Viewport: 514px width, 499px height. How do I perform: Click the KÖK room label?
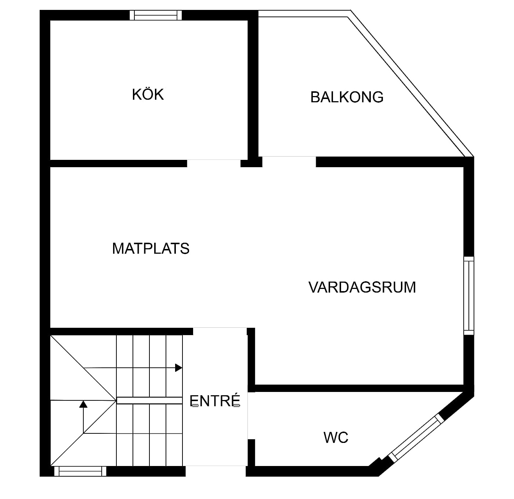click(x=148, y=95)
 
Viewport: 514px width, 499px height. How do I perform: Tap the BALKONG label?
click(x=347, y=97)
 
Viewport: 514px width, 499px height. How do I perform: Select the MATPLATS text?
click(x=151, y=249)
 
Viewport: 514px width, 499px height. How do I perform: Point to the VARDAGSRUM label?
click(x=362, y=287)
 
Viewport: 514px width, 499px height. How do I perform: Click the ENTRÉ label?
click(x=215, y=401)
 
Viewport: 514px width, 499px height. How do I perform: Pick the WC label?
click(x=336, y=437)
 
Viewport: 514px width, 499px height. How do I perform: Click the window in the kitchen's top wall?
click(x=156, y=15)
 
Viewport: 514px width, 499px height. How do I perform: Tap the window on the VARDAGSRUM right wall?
click(x=469, y=296)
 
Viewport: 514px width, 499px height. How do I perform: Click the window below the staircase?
click(x=80, y=471)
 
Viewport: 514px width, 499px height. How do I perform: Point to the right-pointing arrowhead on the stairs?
click(x=178, y=368)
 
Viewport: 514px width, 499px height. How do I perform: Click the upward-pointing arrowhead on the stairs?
click(x=84, y=404)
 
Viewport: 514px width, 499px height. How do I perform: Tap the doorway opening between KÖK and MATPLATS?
click(x=214, y=164)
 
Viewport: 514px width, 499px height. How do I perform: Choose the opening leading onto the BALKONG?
click(x=289, y=162)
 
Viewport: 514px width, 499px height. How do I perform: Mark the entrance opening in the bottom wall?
click(x=216, y=471)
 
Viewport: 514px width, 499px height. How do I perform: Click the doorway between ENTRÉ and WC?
click(x=251, y=416)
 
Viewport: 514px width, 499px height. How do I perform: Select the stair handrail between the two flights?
click(x=149, y=400)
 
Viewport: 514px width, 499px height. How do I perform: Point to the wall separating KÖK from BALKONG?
click(x=253, y=88)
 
